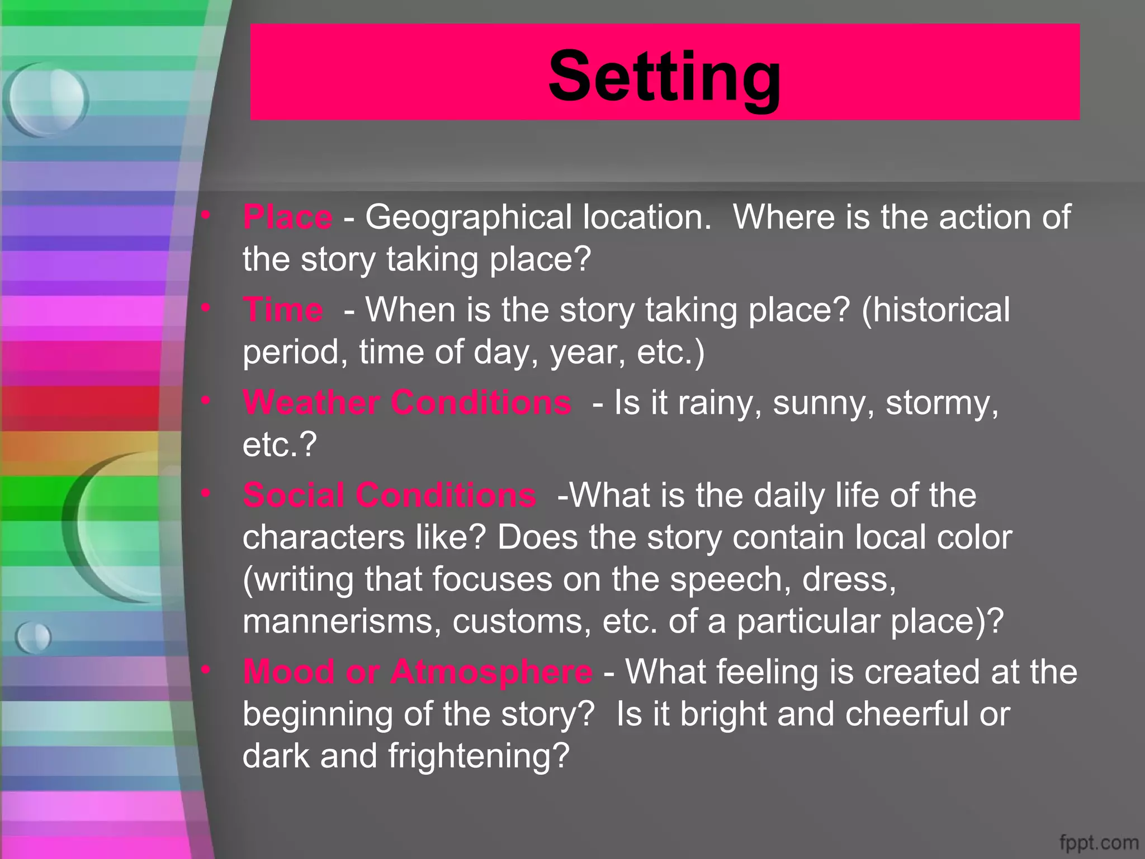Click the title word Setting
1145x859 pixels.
point(664,77)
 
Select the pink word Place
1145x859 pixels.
point(287,217)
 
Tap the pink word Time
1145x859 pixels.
point(283,309)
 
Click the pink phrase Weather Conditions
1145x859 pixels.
point(407,402)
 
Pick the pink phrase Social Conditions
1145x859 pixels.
point(390,495)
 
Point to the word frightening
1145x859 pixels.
point(479,757)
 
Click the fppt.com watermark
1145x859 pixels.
point(1099,842)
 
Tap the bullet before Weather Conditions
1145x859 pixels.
point(206,400)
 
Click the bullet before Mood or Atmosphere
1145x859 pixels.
point(206,669)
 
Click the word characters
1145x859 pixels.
point(324,537)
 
